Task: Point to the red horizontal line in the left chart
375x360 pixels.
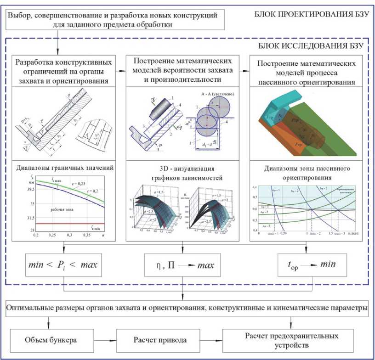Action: click(x=69, y=223)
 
